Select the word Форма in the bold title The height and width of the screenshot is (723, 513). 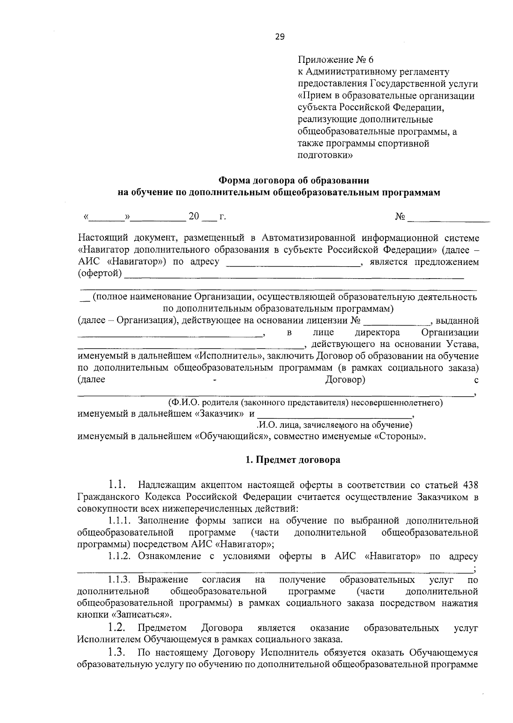point(234,181)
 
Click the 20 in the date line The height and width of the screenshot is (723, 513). point(194,217)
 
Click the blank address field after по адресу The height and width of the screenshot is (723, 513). point(293,262)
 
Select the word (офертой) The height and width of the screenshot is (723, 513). point(100,273)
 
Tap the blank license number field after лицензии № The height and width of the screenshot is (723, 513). point(398,321)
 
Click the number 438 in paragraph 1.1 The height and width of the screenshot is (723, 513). point(470,485)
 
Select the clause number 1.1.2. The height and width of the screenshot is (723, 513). point(119,556)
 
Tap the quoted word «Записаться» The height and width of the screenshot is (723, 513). point(141,615)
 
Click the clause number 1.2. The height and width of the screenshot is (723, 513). point(116,627)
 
